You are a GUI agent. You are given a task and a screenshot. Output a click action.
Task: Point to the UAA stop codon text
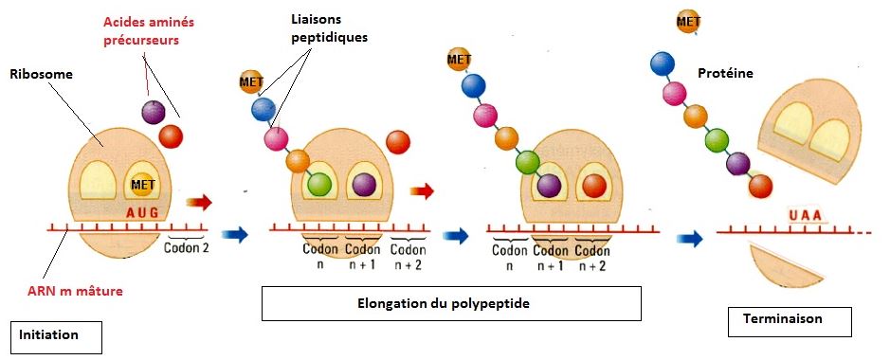805,218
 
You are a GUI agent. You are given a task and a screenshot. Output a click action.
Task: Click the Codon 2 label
186,248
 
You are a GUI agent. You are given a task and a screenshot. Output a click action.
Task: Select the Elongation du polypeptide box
451,304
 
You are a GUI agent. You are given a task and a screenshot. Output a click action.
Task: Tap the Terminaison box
790,319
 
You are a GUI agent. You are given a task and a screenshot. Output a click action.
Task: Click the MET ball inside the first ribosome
142,184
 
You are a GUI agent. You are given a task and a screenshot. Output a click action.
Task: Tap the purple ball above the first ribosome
152,112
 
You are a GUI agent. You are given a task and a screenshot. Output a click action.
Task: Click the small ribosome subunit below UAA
790,267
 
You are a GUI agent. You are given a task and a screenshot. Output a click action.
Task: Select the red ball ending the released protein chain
759,185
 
